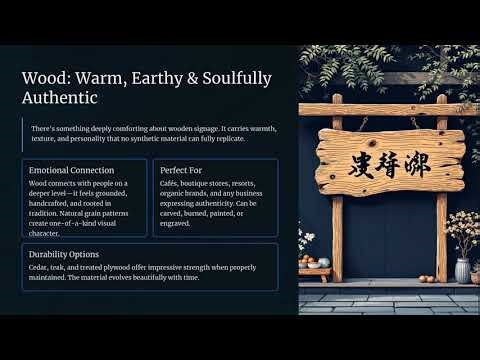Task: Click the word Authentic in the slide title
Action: (59, 98)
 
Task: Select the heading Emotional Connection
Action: (71, 170)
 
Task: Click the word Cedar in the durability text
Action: (40, 266)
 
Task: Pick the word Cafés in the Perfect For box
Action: (171, 183)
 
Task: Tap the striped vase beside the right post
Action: (462, 270)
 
